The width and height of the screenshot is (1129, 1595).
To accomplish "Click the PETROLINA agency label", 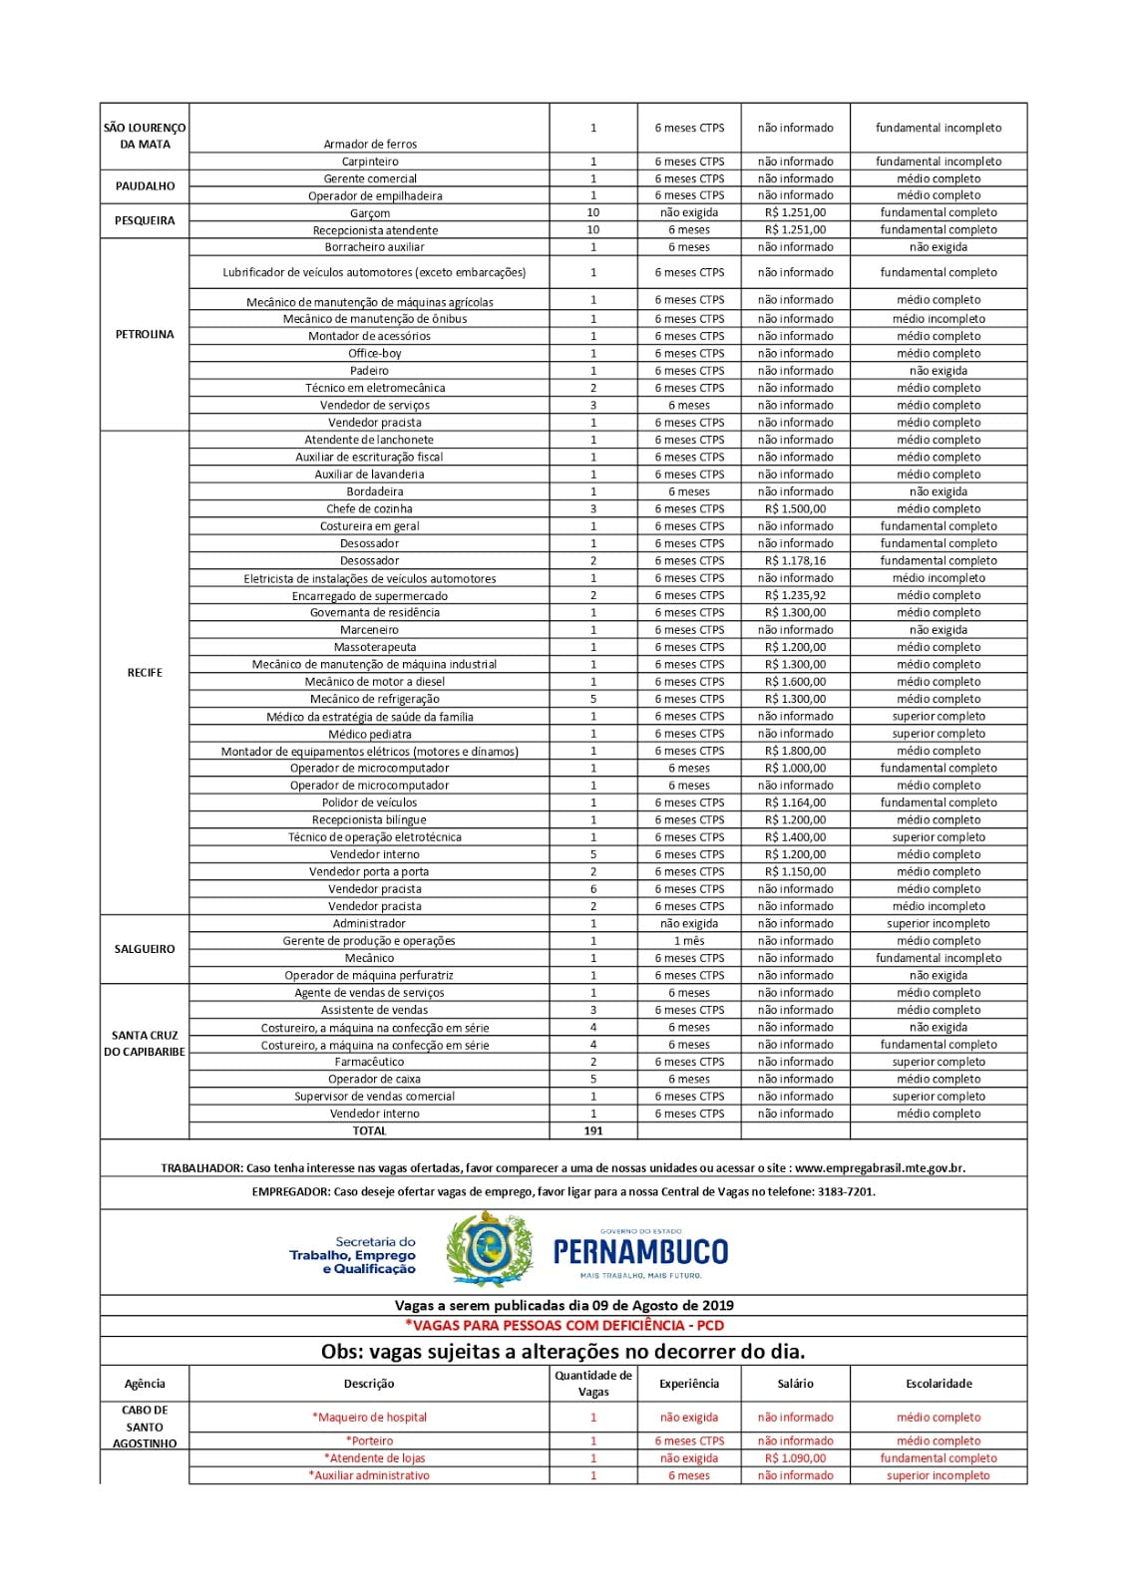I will (145, 335).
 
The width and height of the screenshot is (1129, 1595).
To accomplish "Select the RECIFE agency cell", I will (145, 673).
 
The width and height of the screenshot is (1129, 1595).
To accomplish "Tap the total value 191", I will (593, 1130).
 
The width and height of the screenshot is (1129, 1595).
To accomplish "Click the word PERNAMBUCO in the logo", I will (640, 1252).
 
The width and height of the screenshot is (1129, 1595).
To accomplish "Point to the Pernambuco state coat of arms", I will (488, 1249).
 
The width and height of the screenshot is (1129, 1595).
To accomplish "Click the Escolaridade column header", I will (939, 1384).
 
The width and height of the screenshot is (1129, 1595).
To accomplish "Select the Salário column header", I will (795, 1384).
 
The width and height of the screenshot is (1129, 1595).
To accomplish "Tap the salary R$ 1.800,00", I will (795, 751).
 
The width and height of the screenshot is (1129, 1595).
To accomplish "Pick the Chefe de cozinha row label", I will (369, 508).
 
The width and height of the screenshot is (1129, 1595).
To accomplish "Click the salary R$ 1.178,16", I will (795, 560).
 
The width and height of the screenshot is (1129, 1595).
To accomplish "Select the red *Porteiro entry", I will (369, 1440).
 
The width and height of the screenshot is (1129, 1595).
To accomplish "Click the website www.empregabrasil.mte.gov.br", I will (880, 1167).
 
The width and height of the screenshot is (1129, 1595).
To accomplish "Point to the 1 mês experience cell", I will (689, 941).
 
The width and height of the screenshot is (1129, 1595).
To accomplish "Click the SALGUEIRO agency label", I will (145, 949).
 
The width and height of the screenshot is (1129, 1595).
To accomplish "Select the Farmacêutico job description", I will (369, 1062).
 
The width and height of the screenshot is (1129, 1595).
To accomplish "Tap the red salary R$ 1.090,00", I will (795, 1457).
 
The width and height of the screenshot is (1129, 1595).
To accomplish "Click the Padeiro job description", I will (369, 371).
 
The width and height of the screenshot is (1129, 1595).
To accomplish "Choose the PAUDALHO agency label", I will (145, 186).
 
